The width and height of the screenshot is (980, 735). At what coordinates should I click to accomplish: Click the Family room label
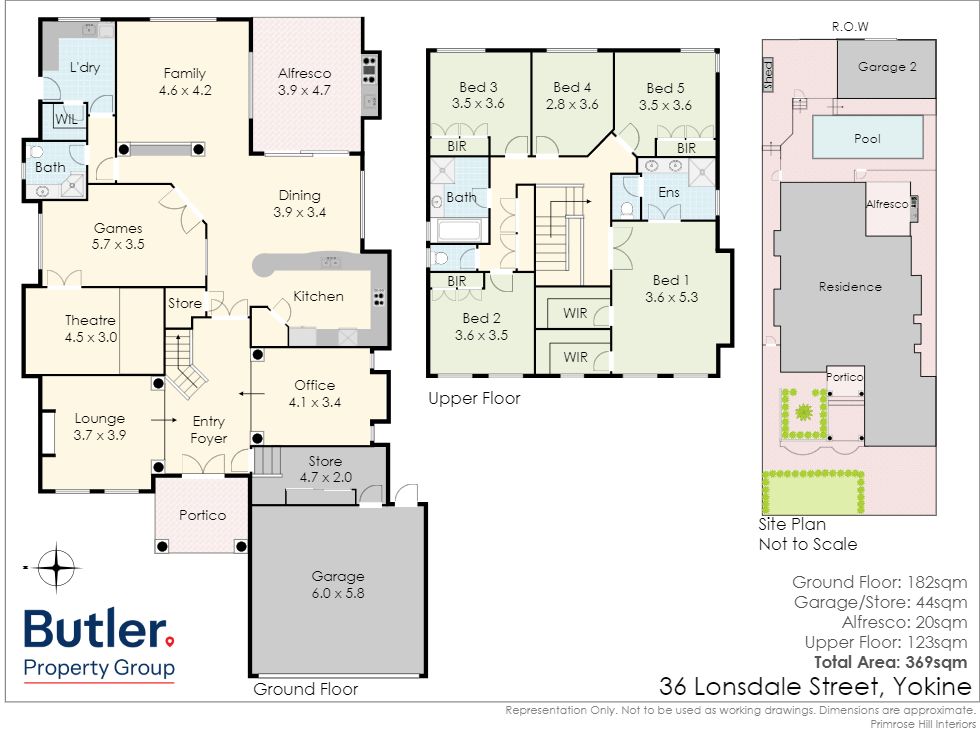184,73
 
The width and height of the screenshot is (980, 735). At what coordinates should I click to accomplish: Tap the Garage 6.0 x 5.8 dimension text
338,592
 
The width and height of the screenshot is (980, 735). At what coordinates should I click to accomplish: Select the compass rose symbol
56,567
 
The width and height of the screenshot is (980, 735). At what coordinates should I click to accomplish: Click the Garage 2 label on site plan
887,67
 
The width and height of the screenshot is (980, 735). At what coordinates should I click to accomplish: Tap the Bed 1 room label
671,280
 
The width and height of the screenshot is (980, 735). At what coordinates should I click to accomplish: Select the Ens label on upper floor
669,192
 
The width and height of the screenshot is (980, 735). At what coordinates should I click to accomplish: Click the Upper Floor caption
474,398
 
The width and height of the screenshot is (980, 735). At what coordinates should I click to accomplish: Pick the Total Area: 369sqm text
890,662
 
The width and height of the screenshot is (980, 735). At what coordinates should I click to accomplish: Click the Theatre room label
90,320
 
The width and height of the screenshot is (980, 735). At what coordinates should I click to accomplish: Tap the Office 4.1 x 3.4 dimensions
314,402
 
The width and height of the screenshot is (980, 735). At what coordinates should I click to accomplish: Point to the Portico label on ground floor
202,515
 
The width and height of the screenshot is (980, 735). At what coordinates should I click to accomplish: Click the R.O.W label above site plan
849,26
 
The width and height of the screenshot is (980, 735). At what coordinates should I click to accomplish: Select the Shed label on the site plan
768,75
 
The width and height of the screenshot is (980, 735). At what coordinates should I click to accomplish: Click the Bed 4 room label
572,87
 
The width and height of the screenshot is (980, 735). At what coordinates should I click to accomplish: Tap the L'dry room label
84,67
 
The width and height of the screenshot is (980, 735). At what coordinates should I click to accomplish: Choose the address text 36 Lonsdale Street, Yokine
815,686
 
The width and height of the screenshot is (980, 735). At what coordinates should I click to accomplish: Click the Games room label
118,228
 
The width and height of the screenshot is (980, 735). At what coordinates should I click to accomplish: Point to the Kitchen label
318,296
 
